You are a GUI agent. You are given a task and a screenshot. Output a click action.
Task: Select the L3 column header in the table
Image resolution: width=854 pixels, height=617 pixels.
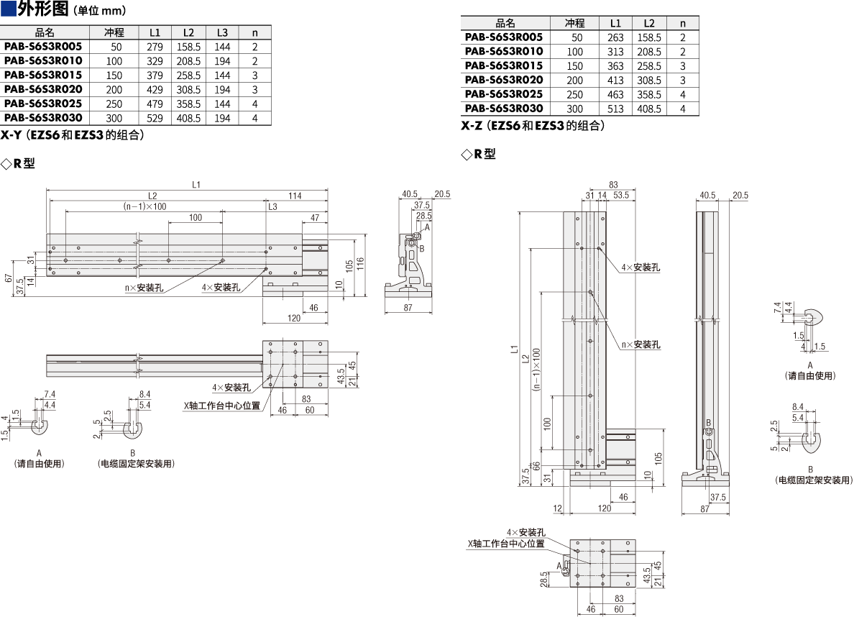(x=222, y=32)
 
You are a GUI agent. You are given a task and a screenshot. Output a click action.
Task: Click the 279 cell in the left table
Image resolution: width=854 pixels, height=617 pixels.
(x=155, y=47)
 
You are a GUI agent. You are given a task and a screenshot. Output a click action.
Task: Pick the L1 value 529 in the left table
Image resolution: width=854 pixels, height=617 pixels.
(x=155, y=118)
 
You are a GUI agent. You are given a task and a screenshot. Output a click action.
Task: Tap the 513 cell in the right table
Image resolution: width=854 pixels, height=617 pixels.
(x=615, y=109)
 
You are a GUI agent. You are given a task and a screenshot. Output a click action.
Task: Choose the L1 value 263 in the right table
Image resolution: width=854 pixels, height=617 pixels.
(x=615, y=37)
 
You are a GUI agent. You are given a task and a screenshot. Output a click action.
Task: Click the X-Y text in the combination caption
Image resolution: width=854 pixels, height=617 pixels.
(x=11, y=135)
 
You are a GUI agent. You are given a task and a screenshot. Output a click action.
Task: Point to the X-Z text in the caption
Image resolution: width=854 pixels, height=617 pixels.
(x=472, y=126)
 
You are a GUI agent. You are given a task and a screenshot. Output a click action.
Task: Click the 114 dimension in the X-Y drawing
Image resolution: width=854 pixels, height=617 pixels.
(x=295, y=196)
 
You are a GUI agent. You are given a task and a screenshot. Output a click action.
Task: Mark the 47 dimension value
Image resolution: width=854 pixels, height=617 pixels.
(x=315, y=218)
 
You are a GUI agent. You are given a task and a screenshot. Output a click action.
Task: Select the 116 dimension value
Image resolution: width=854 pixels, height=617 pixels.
(x=360, y=265)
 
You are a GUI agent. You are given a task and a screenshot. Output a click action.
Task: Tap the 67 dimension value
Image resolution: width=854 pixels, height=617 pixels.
(x=8, y=278)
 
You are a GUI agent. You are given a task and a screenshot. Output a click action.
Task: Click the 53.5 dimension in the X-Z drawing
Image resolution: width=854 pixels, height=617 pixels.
(x=621, y=195)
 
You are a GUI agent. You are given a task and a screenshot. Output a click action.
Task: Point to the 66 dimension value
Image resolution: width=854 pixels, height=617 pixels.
(x=536, y=467)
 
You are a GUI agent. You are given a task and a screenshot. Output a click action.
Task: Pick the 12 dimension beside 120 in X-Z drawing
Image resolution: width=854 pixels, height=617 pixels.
(x=557, y=508)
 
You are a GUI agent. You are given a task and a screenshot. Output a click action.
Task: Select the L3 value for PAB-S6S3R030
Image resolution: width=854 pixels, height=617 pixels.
(x=222, y=118)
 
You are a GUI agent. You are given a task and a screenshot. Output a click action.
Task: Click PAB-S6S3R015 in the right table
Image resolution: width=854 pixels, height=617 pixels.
(x=504, y=66)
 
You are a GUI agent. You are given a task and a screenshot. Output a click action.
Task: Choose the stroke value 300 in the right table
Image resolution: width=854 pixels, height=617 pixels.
(x=574, y=109)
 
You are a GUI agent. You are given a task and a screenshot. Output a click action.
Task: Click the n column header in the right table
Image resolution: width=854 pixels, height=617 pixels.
(x=683, y=24)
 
